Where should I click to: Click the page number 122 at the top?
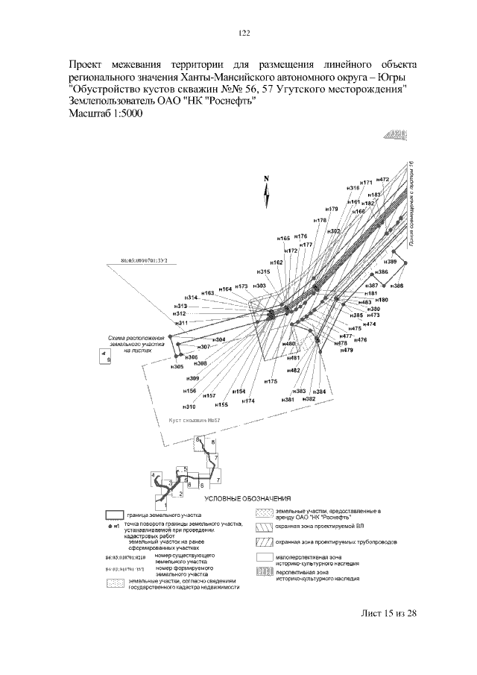(x=243, y=33)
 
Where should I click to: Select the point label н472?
(x=382, y=180)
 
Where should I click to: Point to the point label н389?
(x=391, y=263)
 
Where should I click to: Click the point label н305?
(x=177, y=367)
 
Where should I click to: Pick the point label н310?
(x=189, y=406)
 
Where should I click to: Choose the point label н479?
(x=347, y=351)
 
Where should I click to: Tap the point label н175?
(x=271, y=381)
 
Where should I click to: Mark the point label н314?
(x=191, y=298)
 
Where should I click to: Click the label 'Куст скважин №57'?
(x=197, y=421)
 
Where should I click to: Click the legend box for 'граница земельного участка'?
(x=114, y=515)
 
